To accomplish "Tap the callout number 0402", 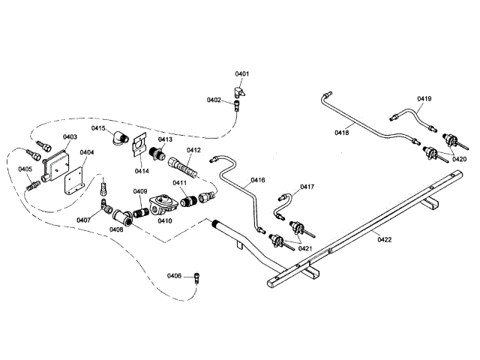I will (x=214, y=100).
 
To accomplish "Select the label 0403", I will (x=70, y=137).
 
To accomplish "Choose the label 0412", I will (x=193, y=150).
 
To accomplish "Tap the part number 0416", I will (x=258, y=180).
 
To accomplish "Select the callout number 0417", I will (x=307, y=187).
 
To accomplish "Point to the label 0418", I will (x=342, y=133).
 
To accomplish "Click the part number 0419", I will (x=424, y=99).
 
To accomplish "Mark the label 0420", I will (x=458, y=159).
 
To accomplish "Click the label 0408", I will (x=117, y=230).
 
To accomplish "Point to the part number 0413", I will (x=165, y=139).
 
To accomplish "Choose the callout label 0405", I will (x=25, y=169).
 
